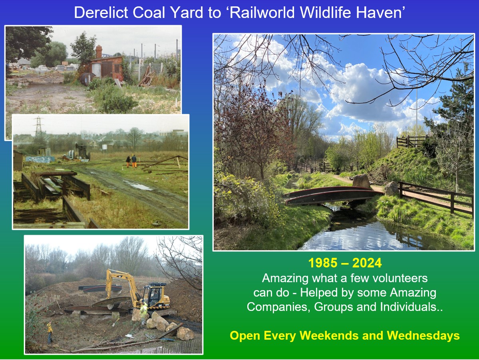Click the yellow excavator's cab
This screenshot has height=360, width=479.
pos(154,294)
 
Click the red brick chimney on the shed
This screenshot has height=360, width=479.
pos(99,51)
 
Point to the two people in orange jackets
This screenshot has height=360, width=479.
pos(131,161)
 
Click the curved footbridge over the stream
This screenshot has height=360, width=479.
pos(332,195)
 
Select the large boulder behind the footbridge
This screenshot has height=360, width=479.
pos(362,181)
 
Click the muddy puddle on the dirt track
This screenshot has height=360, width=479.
pos(138,185)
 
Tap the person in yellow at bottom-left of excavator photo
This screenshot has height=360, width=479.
pos(50,332)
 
